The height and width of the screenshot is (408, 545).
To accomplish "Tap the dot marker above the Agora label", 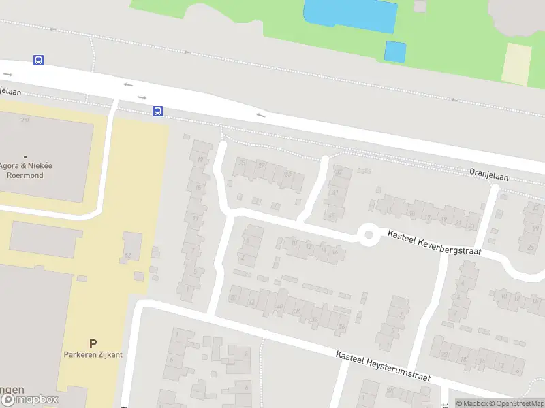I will (25, 157).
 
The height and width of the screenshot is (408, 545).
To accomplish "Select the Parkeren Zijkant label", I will (93, 355).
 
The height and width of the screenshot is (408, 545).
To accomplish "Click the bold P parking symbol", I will (93, 343).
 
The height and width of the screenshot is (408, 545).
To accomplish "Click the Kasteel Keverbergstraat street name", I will (434, 242).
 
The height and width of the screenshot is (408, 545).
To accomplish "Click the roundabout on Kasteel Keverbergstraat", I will (369, 235).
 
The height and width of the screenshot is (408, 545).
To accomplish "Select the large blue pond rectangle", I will (350, 15).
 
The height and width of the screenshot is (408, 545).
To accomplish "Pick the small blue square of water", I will (395, 51).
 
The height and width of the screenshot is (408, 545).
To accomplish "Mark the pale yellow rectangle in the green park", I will (516, 65).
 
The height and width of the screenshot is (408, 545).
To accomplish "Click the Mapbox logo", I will (29, 400).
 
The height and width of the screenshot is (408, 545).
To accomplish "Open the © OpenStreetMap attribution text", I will (518, 403).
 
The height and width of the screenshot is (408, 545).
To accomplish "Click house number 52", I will (127, 254).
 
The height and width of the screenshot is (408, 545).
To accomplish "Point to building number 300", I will (25, 120).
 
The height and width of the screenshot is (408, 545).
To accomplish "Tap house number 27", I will (262, 165).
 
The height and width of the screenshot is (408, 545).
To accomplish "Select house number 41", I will (335, 193).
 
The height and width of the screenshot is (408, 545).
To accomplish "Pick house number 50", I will (233, 297).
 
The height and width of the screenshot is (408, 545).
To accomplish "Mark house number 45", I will (332, 216).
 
